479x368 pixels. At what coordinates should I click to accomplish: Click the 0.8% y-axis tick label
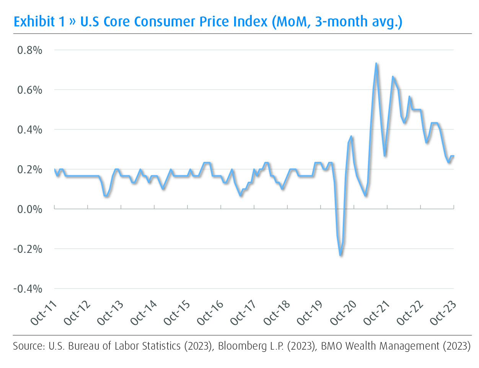tap(29, 50)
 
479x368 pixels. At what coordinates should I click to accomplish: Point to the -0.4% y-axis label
tap(28, 289)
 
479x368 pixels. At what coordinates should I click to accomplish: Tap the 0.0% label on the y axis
tap(29, 209)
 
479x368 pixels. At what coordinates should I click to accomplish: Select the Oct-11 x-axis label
tap(44, 313)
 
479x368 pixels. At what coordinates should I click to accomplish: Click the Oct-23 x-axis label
tap(443, 313)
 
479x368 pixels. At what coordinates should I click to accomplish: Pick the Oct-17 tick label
tap(243, 313)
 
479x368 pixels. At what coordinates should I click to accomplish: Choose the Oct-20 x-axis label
tap(343, 313)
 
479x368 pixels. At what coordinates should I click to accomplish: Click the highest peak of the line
tap(376, 64)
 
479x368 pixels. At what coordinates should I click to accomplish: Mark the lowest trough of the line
tap(340, 255)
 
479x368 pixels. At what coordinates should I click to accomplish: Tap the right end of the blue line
tap(453, 156)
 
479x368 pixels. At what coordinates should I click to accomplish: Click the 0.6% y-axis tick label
tap(29, 90)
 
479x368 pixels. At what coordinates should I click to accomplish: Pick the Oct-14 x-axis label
tap(143, 313)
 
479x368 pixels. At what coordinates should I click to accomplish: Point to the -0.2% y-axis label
tap(28, 249)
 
